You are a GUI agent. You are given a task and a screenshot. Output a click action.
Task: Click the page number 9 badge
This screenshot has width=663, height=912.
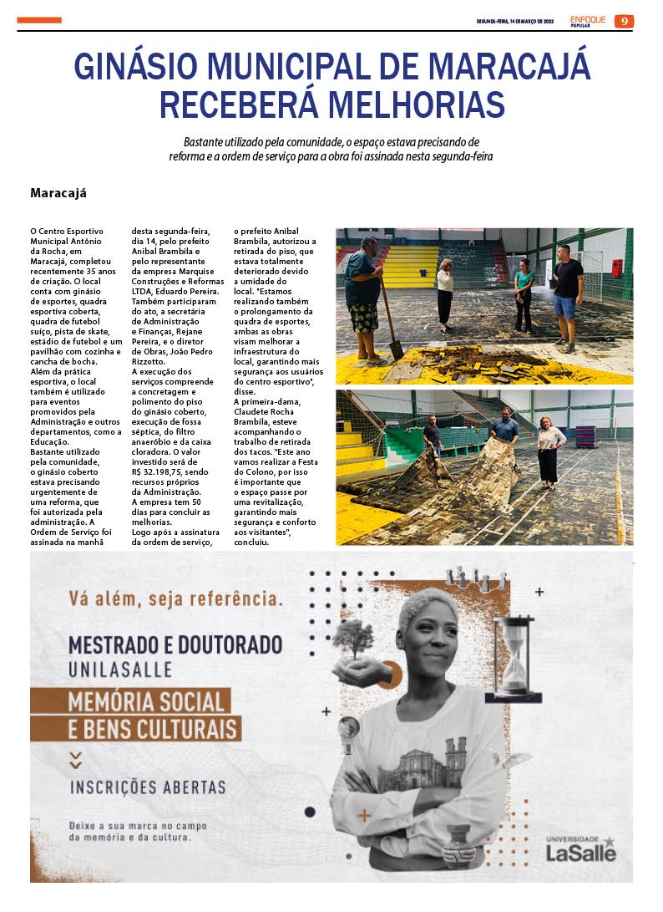(624, 21)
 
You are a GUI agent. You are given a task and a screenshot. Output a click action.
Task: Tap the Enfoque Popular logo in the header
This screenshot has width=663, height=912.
(589, 21)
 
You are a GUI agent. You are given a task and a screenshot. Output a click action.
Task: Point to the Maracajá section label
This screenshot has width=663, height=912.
(58, 193)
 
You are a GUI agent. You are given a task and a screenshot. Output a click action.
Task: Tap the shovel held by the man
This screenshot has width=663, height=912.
(390, 322)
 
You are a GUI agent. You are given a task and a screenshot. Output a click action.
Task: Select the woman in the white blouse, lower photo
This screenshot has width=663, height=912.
(550, 451)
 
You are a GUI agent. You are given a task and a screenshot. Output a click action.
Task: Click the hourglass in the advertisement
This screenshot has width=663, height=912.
(513, 656)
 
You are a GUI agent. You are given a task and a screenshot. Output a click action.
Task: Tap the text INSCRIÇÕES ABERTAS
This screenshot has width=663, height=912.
(147, 787)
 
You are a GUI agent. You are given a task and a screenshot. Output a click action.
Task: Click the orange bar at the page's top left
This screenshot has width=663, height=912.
(39, 20)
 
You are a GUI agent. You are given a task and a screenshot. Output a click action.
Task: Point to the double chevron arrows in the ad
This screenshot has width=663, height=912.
(76, 759)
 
